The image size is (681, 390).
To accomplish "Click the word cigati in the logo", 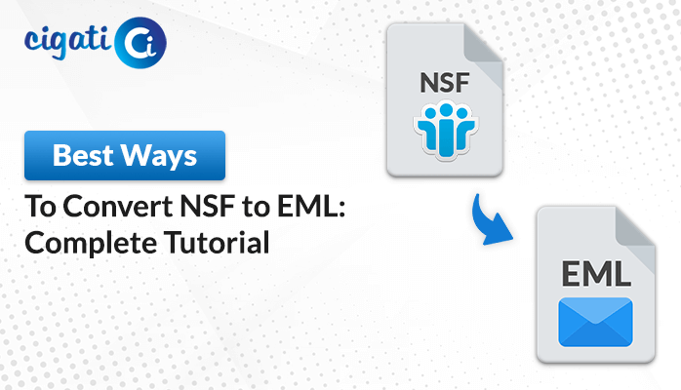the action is pos(67,42).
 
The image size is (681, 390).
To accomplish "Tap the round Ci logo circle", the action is pos(140,43).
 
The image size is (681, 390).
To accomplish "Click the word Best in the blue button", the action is pos(83,155).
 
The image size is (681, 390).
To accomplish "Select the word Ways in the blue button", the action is pos(158,156).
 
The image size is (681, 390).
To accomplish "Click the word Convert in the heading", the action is pos(118,206).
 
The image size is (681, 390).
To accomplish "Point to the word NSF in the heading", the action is pos(208,206).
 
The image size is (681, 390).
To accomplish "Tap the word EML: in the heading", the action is pos(311,206).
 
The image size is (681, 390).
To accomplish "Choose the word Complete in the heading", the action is pos(91,243).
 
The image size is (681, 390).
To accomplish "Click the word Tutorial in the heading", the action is pos(217,242).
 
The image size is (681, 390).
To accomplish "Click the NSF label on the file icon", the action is pos(445,83).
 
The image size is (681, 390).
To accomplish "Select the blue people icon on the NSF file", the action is pos(445,130).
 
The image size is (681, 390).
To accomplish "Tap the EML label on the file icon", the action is pos(596,274).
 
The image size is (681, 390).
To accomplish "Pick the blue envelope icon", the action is pos(595,322).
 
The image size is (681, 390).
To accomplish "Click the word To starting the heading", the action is pos(41,206).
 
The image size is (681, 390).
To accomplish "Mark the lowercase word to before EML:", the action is pos(257,207).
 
